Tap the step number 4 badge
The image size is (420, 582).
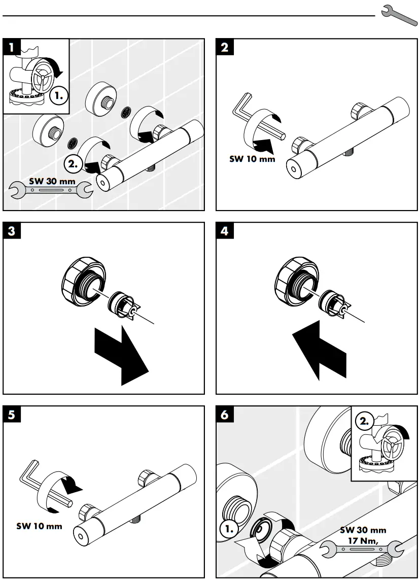pyautogui.click(x=225, y=231)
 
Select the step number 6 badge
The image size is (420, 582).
pyautogui.click(x=225, y=415)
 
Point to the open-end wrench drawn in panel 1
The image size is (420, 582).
pyautogui.click(x=51, y=191)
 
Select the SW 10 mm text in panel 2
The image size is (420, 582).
pyautogui.click(x=252, y=158)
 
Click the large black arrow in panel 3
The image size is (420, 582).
pyautogui.click(x=121, y=356)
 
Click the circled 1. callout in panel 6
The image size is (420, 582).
pyautogui.click(x=231, y=530)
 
